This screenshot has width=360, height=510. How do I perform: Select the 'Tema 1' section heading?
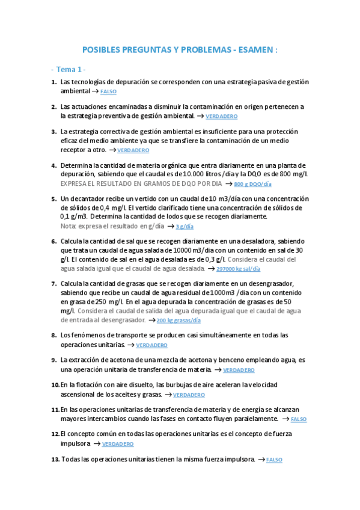tap(72, 69)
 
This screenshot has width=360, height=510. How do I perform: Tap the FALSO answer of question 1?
tap(108, 91)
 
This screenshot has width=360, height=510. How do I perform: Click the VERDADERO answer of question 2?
tap(221, 116)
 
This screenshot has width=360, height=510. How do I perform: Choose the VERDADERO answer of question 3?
tap(133, 150)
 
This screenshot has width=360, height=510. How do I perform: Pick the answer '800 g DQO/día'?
tap(252, 184)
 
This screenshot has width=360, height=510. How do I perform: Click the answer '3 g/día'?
tap(185, 227)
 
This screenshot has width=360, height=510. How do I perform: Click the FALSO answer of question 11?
tap(299, 419)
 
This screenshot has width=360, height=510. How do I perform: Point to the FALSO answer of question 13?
tap(274, 460)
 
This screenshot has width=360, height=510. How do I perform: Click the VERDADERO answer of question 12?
tap(117, 444)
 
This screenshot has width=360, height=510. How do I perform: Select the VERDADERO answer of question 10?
tap(189, 395)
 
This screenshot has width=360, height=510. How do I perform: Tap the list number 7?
tap(53, 283)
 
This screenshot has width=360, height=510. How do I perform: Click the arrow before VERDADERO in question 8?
tap(130, 345)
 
